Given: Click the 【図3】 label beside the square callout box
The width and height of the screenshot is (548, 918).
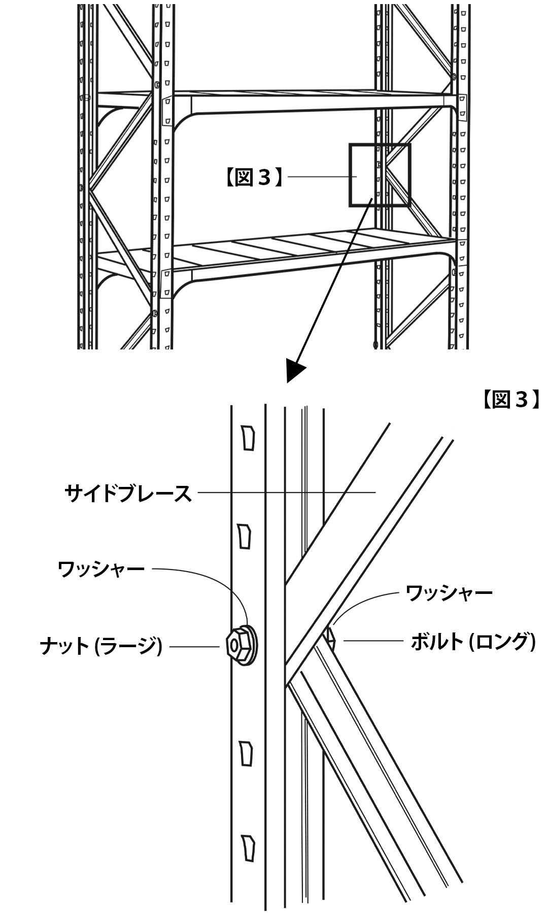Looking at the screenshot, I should click(x=253, y=178).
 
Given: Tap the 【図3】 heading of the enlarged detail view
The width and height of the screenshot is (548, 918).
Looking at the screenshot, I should click(x=510, y=400).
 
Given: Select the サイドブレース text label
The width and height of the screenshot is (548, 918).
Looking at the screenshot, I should click(x=128, y=493).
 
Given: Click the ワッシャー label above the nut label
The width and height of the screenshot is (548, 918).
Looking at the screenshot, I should click(x=101, y=569).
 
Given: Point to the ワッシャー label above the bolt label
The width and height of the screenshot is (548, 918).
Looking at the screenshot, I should click(x=449, y=592).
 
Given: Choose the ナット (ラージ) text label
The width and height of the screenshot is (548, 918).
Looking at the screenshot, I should click(x=101, y=647).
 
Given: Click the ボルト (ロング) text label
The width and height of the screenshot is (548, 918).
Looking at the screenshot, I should click(x=473, y=642).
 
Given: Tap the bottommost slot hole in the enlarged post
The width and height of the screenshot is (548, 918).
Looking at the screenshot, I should click(x=248, y=848).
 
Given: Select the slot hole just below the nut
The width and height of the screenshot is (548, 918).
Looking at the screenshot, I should click(x=246, y=754).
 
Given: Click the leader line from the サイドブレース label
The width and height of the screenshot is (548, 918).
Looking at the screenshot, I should click(x=284, y=492).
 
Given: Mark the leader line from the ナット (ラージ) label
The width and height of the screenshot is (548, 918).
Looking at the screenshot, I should click(x=195, y=647).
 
